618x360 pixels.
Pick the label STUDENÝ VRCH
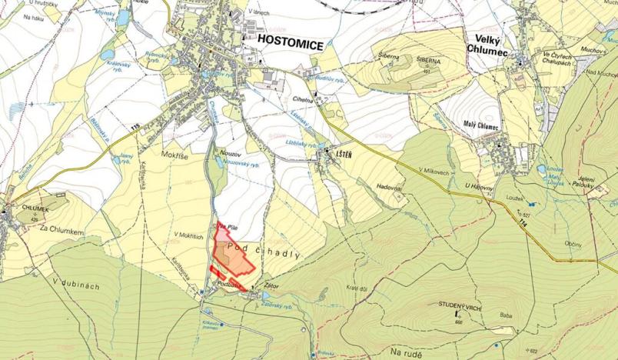pos(459,305)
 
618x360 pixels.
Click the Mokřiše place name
pos(174,154)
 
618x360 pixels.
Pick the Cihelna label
pos(303,99)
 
